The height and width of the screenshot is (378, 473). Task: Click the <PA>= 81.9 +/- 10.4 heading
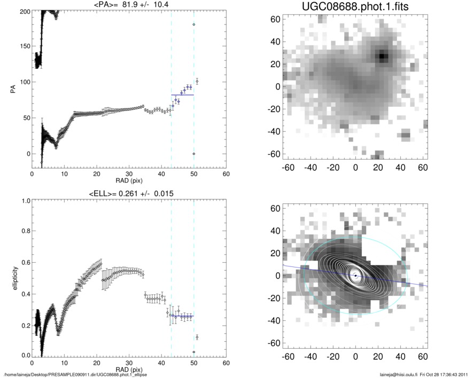129,6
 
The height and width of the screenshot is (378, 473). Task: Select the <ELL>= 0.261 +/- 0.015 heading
129,193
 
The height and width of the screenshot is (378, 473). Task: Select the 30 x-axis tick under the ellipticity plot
129,363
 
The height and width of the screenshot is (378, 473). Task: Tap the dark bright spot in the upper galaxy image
382,56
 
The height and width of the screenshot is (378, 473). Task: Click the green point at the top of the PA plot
194,25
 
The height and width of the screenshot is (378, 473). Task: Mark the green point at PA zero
194,154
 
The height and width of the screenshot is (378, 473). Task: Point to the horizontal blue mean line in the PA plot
182,94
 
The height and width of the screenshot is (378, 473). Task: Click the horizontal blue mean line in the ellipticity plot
182,316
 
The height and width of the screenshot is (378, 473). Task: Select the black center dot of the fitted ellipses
355,275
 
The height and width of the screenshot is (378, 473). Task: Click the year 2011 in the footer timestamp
463,374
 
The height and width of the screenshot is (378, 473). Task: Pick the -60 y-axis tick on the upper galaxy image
276,154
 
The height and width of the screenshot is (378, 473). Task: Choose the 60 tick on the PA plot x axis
226,174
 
